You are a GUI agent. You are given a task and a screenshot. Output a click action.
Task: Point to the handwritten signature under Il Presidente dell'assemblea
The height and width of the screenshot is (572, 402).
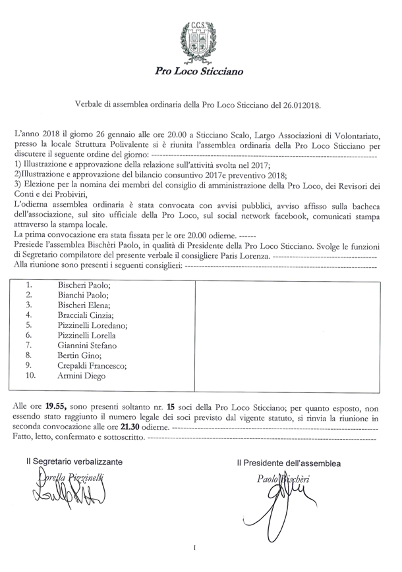pos(280,500)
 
